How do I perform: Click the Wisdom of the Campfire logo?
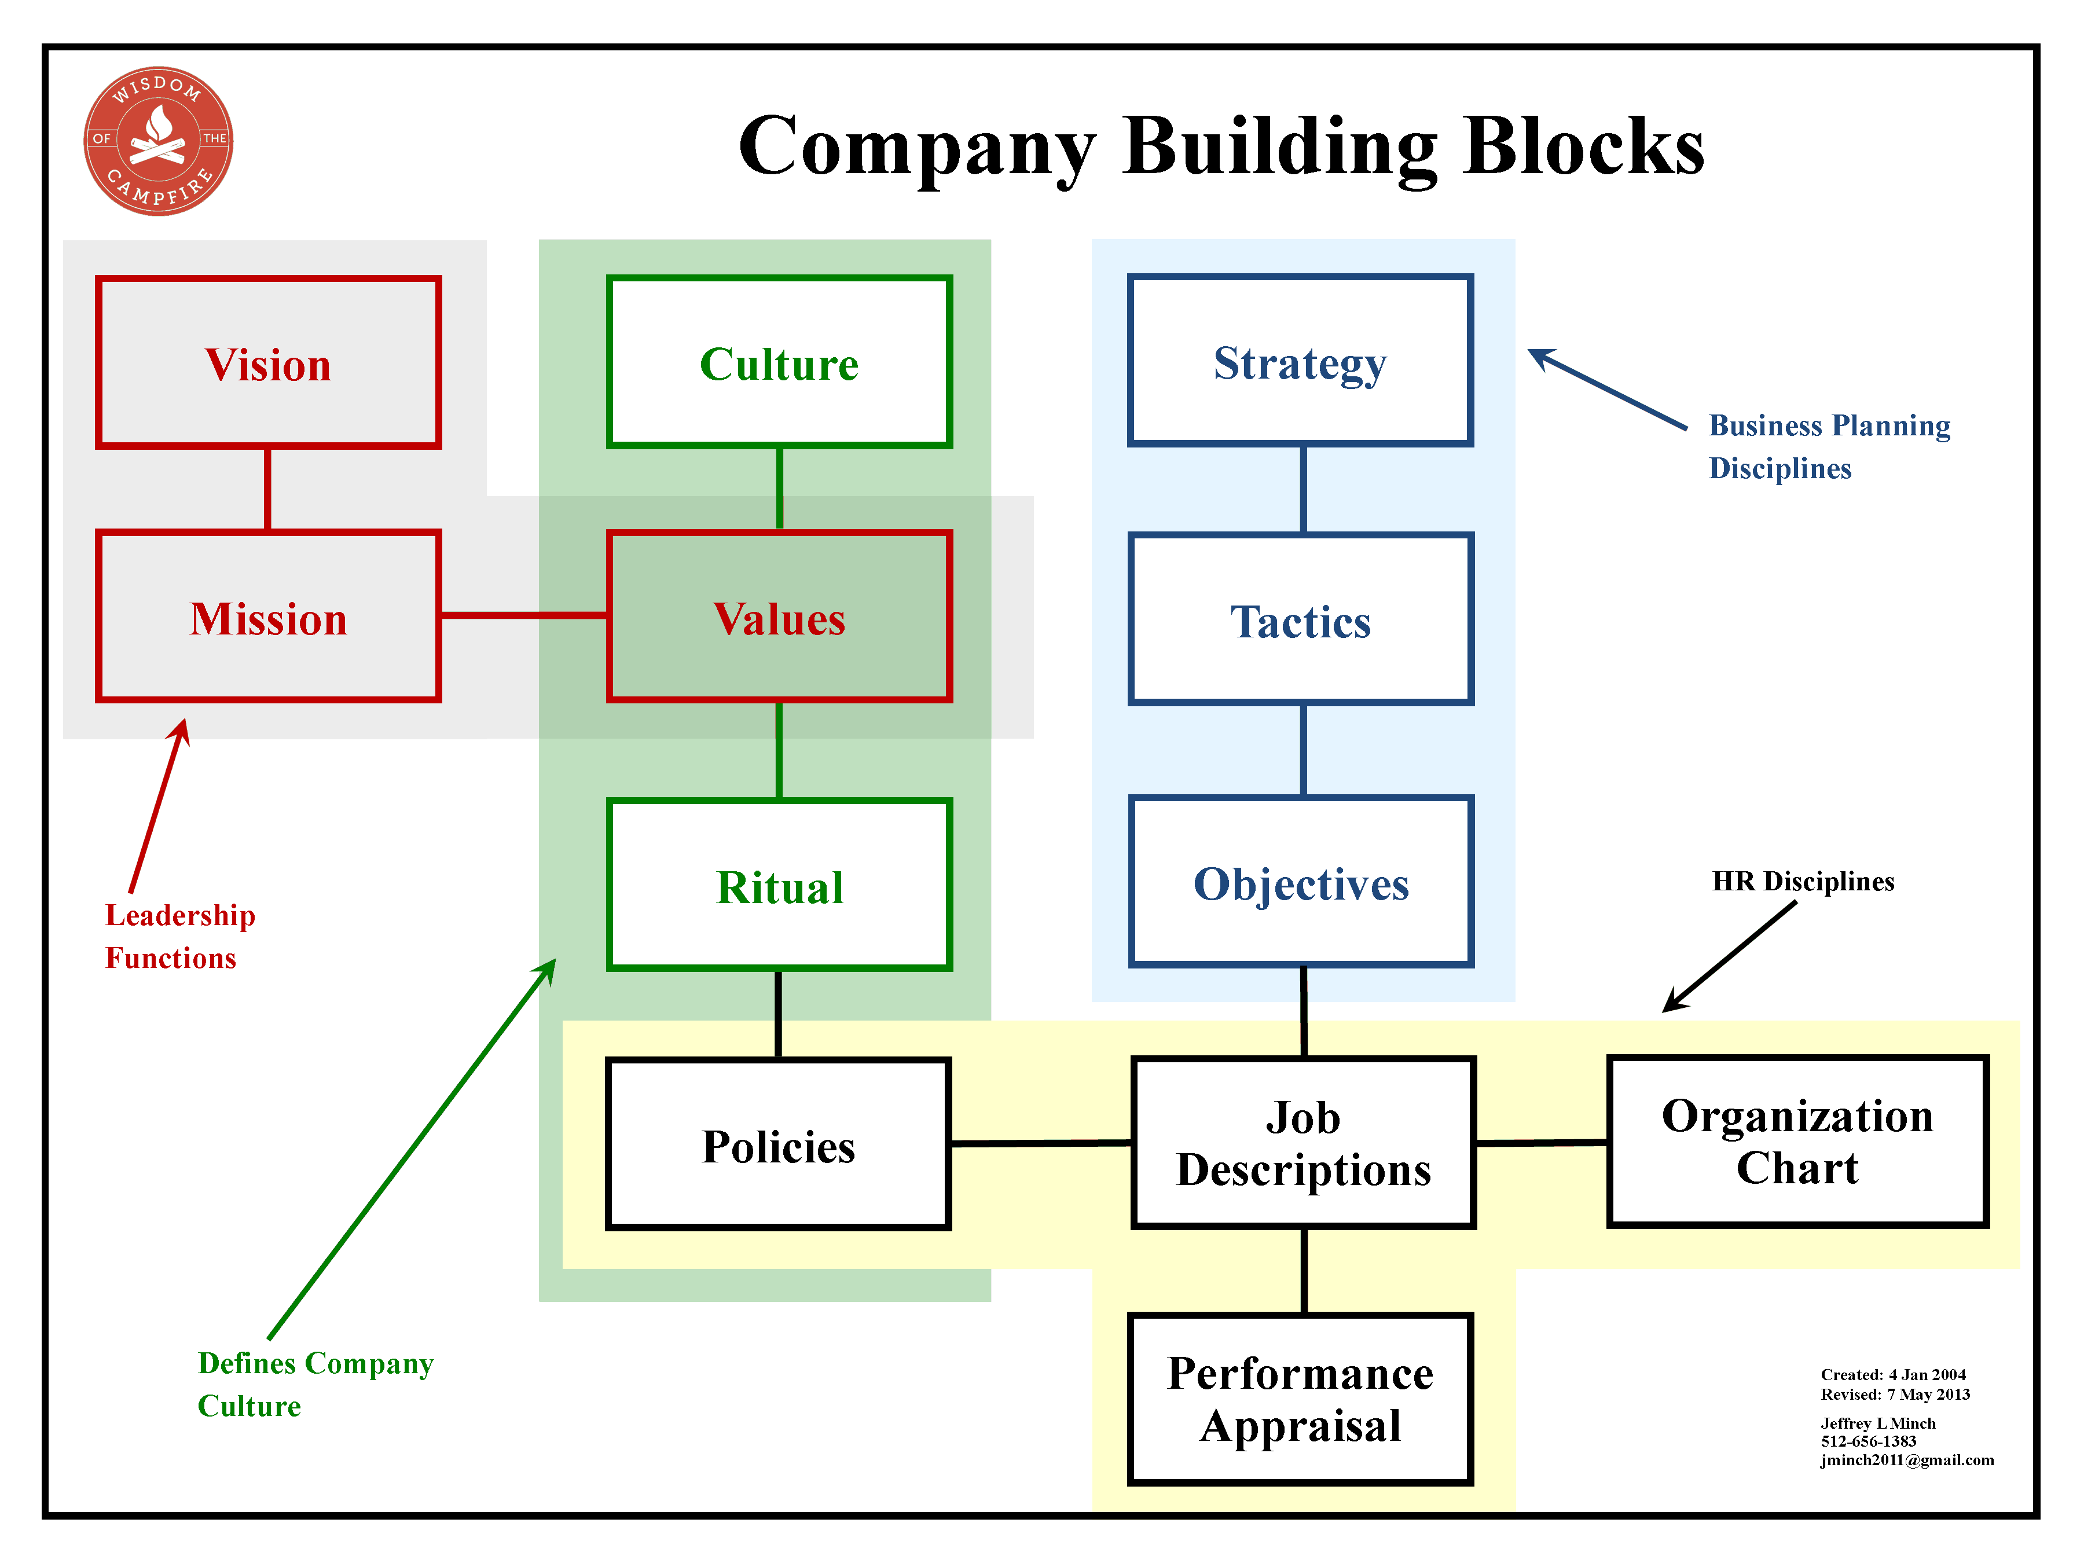pos(158,141)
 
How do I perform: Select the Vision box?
pos(269,363)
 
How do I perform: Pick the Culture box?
pos(779,363)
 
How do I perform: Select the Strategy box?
pos(1301,361)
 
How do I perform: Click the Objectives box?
pos(1301,882)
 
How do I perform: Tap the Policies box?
pos(778,1144)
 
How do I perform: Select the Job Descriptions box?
pos(1304,1143)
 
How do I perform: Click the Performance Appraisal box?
pos(1301,1399)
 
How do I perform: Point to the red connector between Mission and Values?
pos(524,615)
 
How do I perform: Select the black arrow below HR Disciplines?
pos(1729,957)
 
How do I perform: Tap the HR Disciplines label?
pos(1803,881)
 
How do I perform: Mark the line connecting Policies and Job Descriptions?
pos(1041,1143)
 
